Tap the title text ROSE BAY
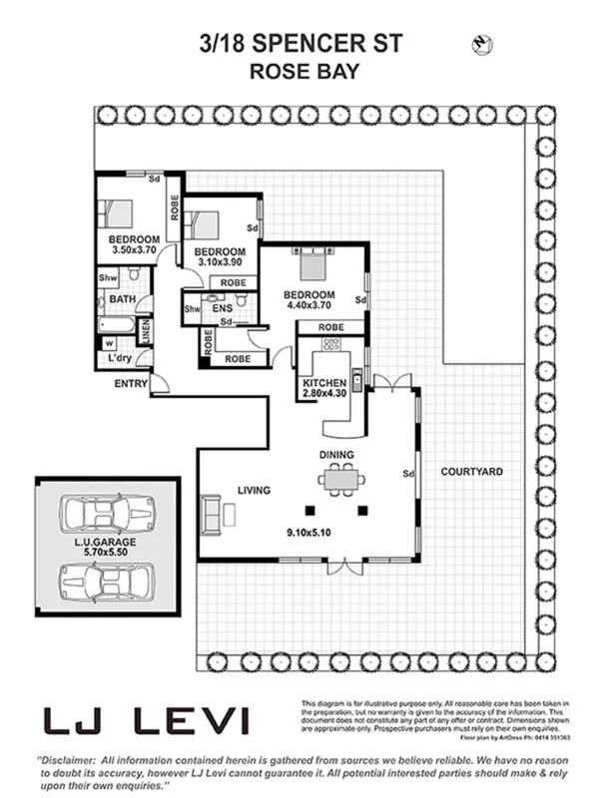[x=299, y=71]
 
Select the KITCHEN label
[x=323, y=383]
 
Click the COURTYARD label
[x=470, y=471]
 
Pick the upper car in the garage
[x=107, y=515]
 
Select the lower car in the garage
[x=107, y=581]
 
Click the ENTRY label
[x=131, y=383]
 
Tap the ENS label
[x=222, y=309]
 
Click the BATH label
[x=123, y=299]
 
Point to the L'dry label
[x=119, y=357]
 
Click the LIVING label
[x=255, y=490]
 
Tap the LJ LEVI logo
[x=145, y=720]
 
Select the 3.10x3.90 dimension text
[x=220, y=262]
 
